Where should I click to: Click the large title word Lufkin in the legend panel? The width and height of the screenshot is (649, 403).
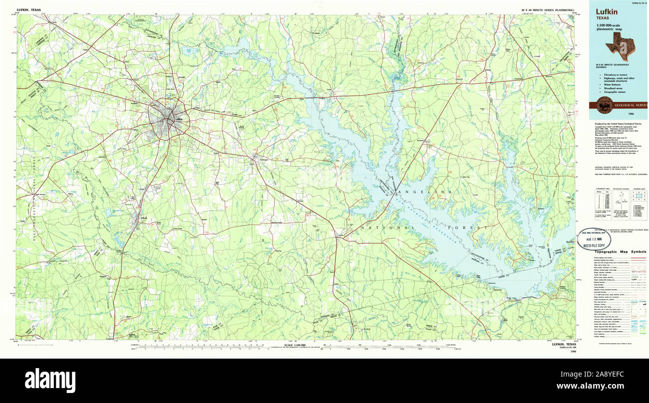pos(606,11)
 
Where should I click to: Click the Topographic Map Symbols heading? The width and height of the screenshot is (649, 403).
pos(621,252)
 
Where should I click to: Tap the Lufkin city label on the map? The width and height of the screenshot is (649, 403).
pos(179,119)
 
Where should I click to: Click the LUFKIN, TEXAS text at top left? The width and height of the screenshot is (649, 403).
pos(29,9)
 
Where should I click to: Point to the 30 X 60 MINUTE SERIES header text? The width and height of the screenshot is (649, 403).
pos(546,10)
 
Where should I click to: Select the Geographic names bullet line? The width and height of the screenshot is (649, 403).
pos(613,92)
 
